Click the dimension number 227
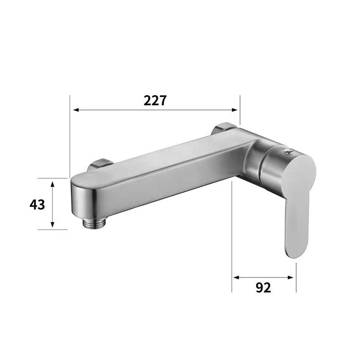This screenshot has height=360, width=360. point(155,100)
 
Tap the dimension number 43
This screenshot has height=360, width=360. point(37,204)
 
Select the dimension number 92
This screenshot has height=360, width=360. point(263,288)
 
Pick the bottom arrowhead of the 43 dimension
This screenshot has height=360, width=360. point(53,227)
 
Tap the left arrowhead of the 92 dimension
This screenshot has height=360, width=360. point(235,277)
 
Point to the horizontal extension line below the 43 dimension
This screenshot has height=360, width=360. point(53,229)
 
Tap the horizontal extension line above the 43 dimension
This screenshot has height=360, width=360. point(53,178)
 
